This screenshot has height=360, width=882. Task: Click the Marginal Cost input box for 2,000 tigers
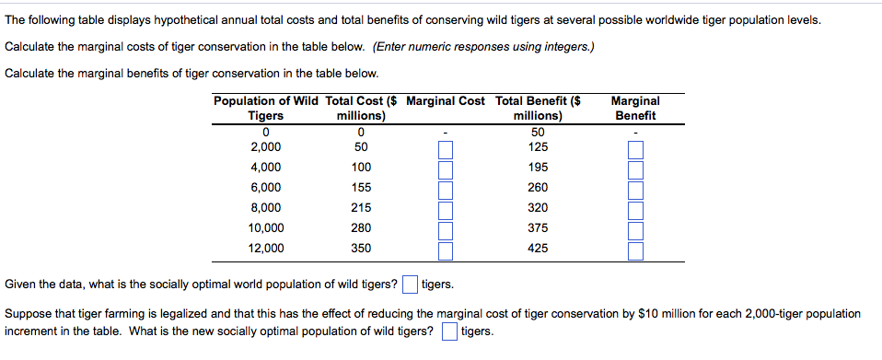(446, 148)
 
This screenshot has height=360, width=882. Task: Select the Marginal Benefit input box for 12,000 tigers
(634, 249)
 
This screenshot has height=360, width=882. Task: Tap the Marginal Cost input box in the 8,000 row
(446, 208)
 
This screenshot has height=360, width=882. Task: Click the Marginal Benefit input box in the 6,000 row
(634, 189)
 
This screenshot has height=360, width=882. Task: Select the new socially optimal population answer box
(449, 331)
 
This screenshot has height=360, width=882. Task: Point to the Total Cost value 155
(361, 188)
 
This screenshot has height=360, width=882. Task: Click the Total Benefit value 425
(538, 248)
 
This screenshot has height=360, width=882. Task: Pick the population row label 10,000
(266, 227)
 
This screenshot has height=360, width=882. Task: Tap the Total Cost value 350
(361, 248)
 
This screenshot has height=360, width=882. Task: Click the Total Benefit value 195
(538, 168)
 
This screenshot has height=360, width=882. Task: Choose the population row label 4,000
(266, 168)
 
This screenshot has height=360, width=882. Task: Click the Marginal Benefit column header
(634, 108)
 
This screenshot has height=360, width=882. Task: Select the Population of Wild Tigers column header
(266, 108)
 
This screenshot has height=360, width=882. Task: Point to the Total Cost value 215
(361, 208)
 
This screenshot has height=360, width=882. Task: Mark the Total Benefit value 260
(538, 188)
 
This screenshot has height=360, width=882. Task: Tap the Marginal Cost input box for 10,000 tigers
(446, 228)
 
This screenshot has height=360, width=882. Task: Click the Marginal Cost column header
(445, 100)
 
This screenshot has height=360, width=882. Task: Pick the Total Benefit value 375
(538, 227)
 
